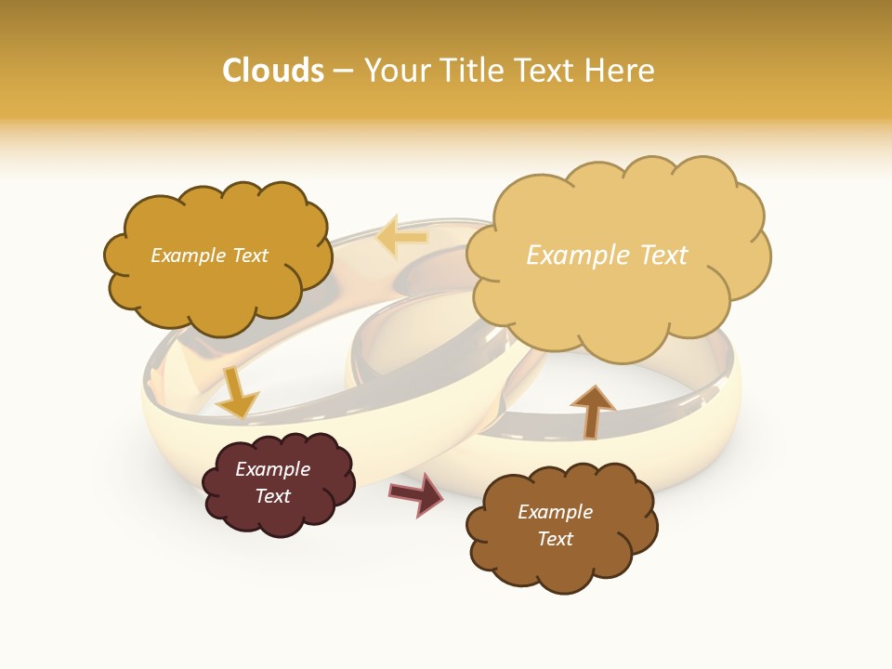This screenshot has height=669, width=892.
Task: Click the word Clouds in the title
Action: point(273,71)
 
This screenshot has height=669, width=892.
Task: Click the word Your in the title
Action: point(396,71)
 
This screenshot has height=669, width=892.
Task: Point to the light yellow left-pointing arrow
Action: point(402,238)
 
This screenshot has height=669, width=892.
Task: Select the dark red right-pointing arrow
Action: point(417,493)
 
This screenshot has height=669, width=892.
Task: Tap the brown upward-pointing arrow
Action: point(592,411)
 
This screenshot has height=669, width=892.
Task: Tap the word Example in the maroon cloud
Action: point(273,469)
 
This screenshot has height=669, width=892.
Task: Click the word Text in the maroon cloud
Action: point(273,496)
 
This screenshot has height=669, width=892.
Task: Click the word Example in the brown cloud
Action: point(555,512)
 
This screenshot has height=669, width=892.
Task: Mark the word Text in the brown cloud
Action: point(555,539)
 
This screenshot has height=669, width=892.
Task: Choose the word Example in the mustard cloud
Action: point(187,256)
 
